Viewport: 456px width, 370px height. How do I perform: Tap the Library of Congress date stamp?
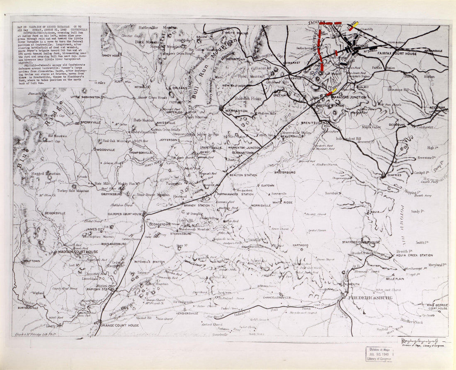point(379,354)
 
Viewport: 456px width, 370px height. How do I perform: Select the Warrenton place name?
point(236,111)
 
